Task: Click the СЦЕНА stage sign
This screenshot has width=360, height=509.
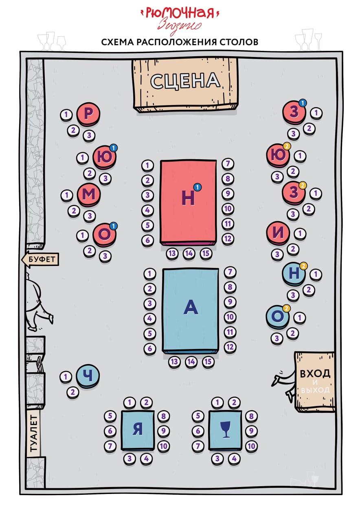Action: [x=185, y=85]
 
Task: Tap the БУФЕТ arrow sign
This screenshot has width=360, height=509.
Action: [x=40, y=259]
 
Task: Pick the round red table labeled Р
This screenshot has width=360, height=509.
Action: [x=88, y=114]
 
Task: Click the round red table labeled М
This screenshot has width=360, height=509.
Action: [x=89, y=195]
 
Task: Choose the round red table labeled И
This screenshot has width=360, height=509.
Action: [x=278, y=233]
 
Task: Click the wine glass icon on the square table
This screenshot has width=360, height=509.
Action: [x=226, y=429]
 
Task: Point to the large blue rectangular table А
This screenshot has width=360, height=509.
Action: [x=191, y=310]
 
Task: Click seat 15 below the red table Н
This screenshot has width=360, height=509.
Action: [x=206, y=253]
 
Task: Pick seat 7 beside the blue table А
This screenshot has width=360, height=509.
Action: [x=230, y=272]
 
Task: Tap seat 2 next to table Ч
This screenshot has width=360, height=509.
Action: [x=73, y=392]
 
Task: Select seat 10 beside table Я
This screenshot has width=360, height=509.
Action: [x=164, y=446]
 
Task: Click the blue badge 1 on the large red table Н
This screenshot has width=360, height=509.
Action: [x=198, y=187]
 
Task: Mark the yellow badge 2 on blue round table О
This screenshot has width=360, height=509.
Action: [x=286, y=308]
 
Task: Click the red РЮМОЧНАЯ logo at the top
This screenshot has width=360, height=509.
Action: [x=180, y=13]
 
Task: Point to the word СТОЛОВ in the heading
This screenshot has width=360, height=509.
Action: [x=239, y=42]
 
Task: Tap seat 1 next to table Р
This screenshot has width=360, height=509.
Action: [x=66, y=114]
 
